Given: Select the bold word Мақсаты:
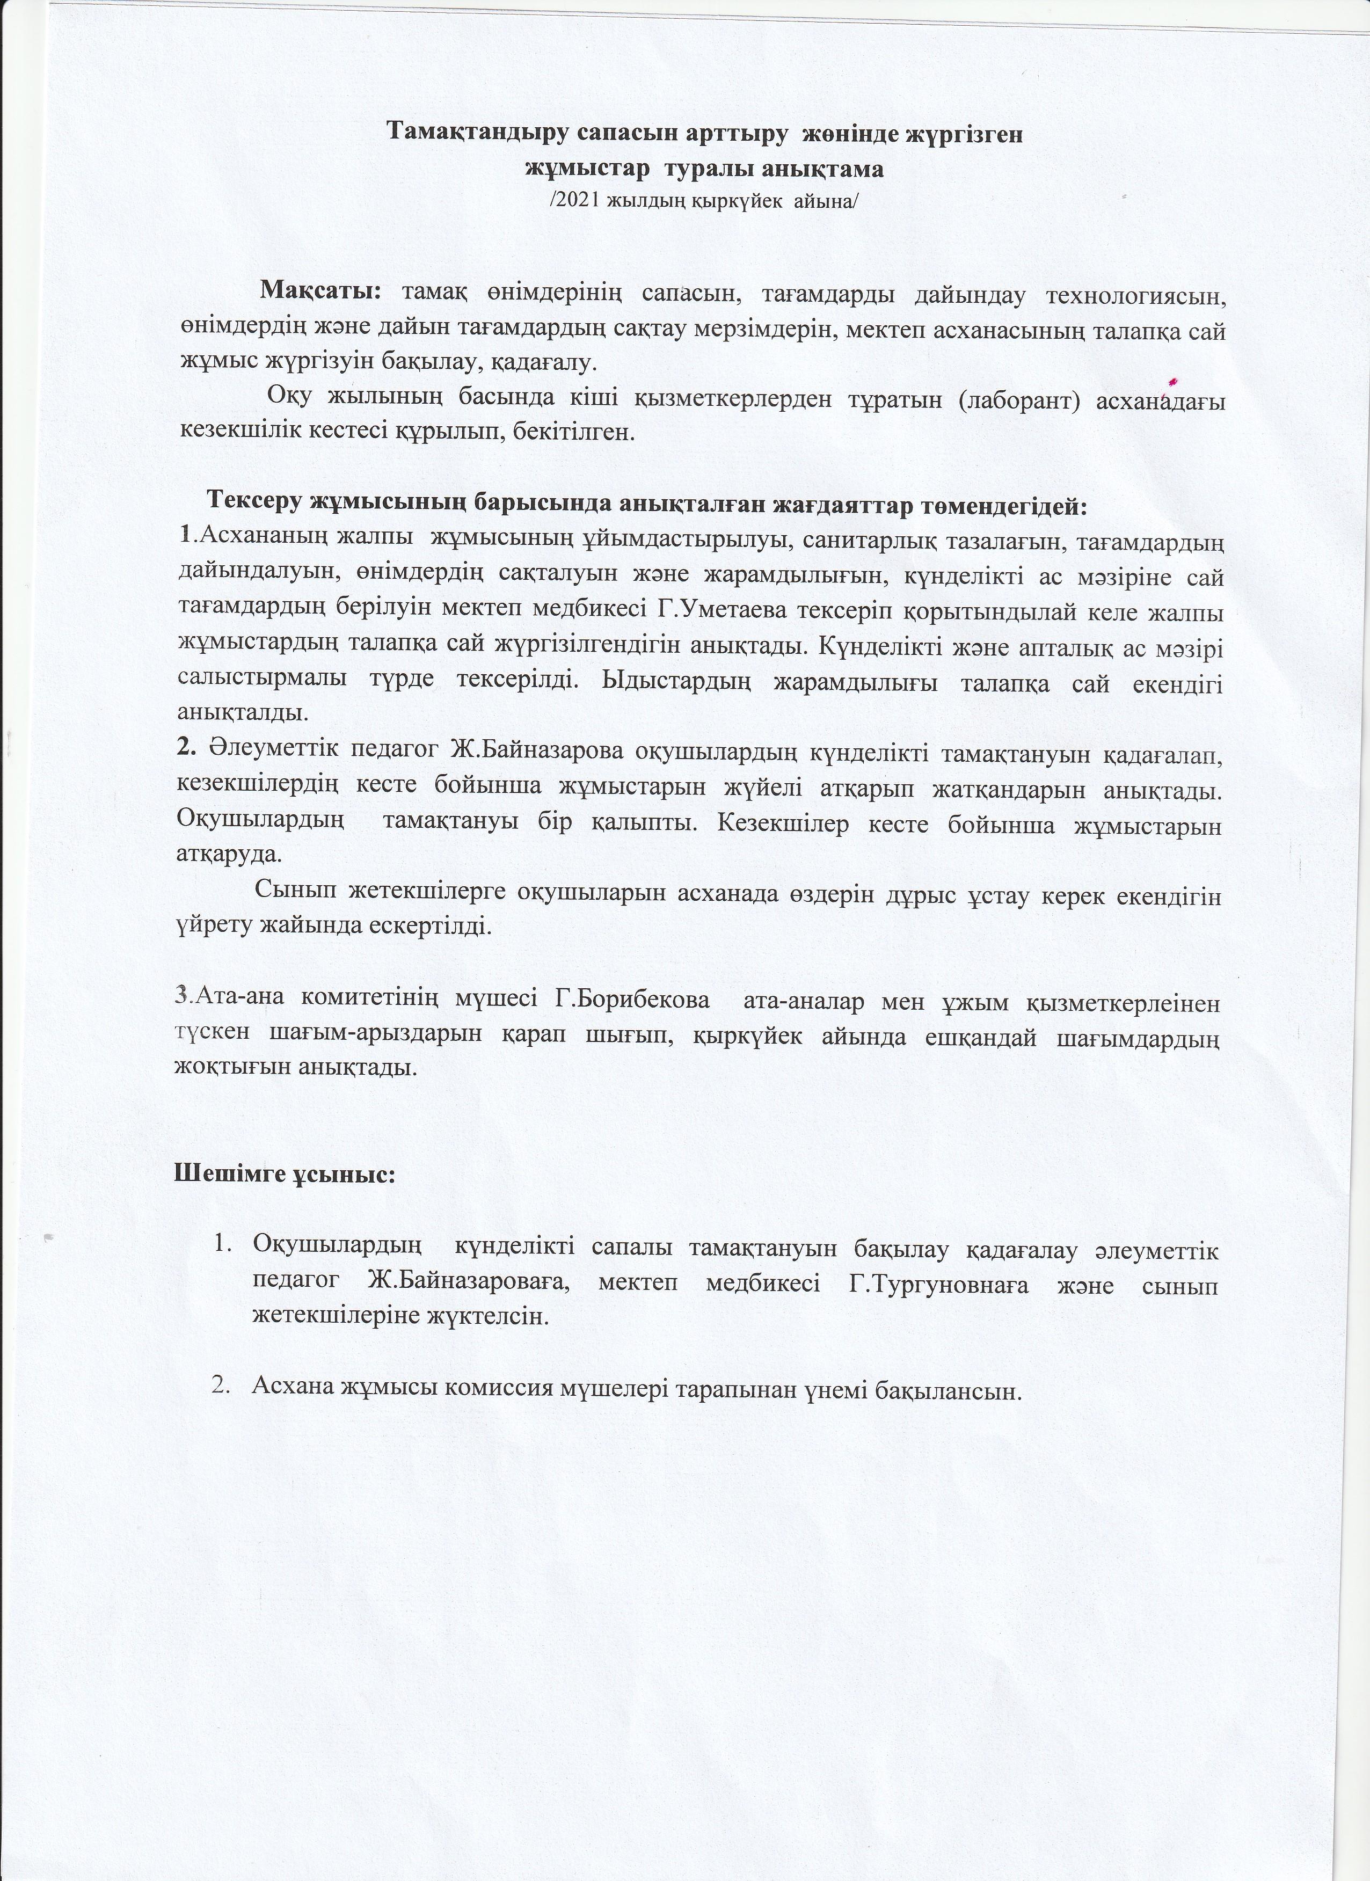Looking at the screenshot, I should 320,292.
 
